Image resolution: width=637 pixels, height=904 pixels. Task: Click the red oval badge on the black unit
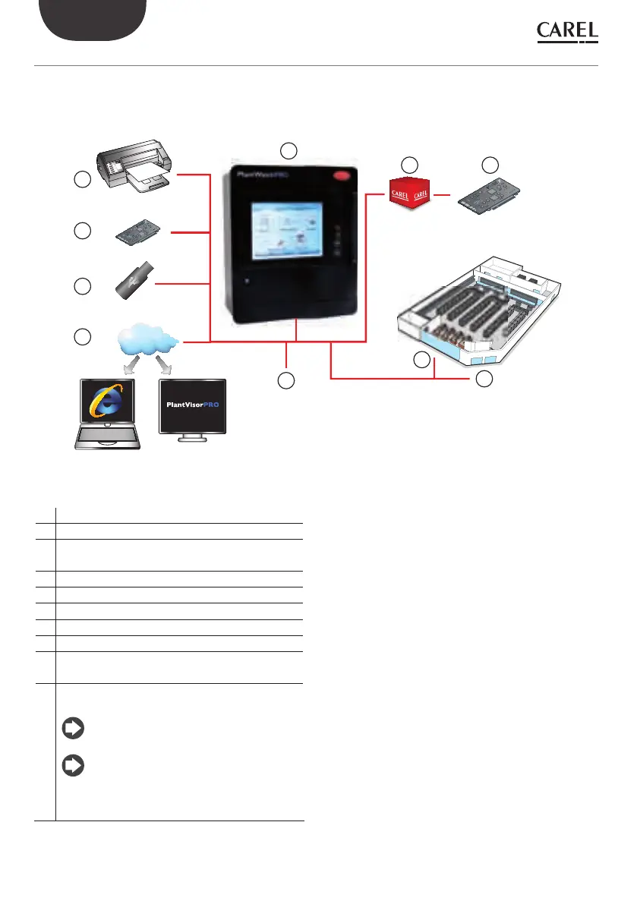339,175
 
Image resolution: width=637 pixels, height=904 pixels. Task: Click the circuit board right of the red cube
490,197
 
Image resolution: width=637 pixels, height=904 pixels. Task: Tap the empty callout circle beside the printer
83,180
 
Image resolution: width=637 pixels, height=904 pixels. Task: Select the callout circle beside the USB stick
83,286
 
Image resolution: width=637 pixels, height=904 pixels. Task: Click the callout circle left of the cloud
83,335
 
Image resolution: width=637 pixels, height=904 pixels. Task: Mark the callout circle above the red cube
409,164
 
